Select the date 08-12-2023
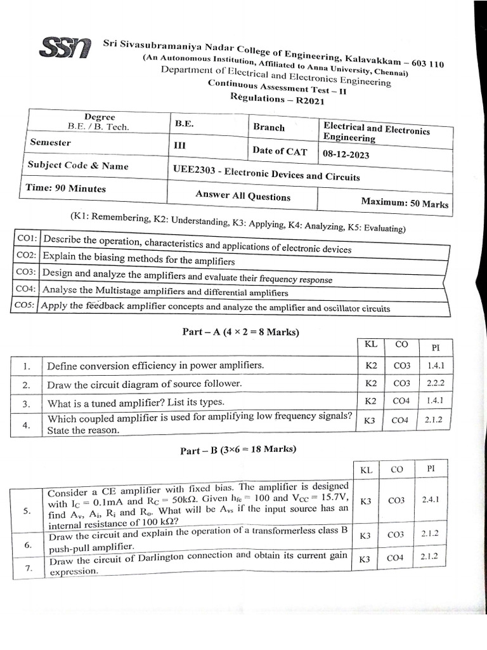(x=346, y=154)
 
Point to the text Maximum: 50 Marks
(x=404, y=203)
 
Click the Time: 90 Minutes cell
(x=65, y=189)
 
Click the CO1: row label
(x=27, y=239)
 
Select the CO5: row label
(x=26, y=305)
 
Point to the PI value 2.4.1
(x=434, y=500)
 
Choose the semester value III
(x=180, y=145)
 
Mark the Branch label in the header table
(x=269, y=127)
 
